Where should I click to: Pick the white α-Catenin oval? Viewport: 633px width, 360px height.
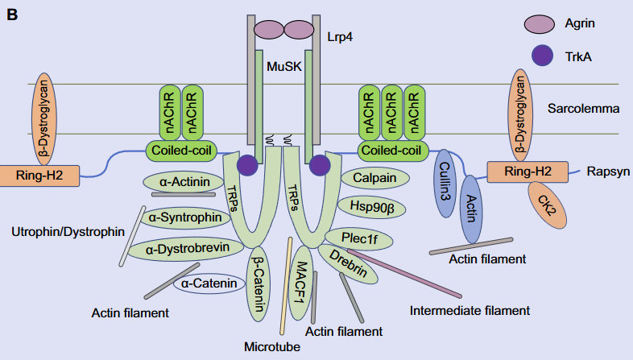pyautogui.click(x=209, y=283)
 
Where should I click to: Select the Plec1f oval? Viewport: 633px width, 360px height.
pyautogui.click(x=358, y=238)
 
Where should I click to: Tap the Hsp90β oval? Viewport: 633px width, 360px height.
pyautogui.click(x=371, y=206)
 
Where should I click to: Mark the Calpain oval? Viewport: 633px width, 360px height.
pyautogui.click(x=377, y=176)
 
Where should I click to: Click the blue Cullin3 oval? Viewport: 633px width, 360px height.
pyautogui.click(x=445, y=182)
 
